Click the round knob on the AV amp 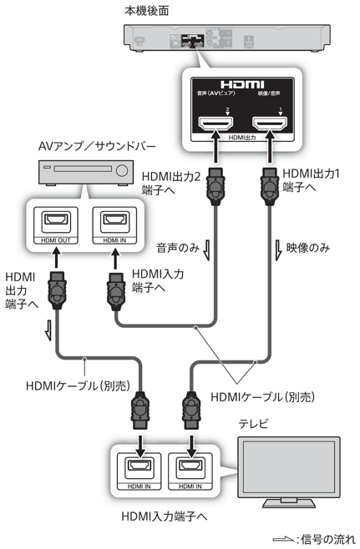coord(123,173)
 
